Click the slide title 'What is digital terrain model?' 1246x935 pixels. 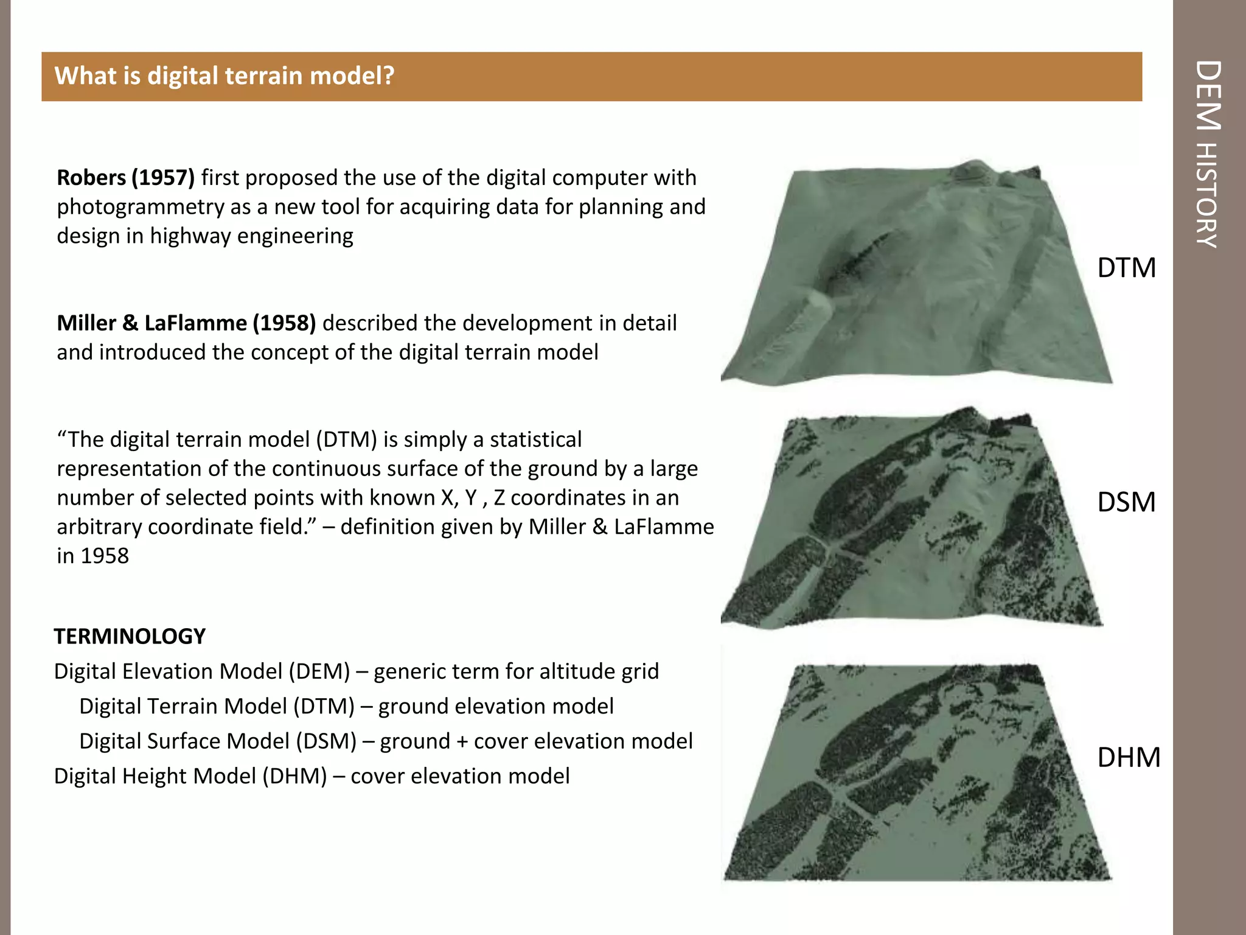pyautogui.click(x=224, y=76)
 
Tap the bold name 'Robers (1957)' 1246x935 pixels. pyautogui.click(x=125, y=178)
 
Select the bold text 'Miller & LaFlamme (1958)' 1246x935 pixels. pyautogui.click(x=186, y=323)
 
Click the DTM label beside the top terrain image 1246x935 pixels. pyautogui.click(x=1126, y=268)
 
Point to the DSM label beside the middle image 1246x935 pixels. pyautogui.click(x=1126, y=502)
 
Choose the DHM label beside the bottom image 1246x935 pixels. pyautogui.click(x=1129, y=757)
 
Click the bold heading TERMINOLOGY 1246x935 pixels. pyautogui.click(x=130, y=636)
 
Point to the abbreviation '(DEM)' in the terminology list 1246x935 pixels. pyautogui.click(x=319, y=671)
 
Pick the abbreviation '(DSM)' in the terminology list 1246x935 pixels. pyautogui.click(x=326, y=741)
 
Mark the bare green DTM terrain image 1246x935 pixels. pyautogui.click(x=916, y=274)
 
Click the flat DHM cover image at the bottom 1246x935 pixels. pyautogui.click(x=916, y=773)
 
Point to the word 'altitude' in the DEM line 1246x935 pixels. pyautogui.click(x=569, y=671)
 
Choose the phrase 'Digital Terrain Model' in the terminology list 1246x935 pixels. pyautogui.click(x=183, y=706)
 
